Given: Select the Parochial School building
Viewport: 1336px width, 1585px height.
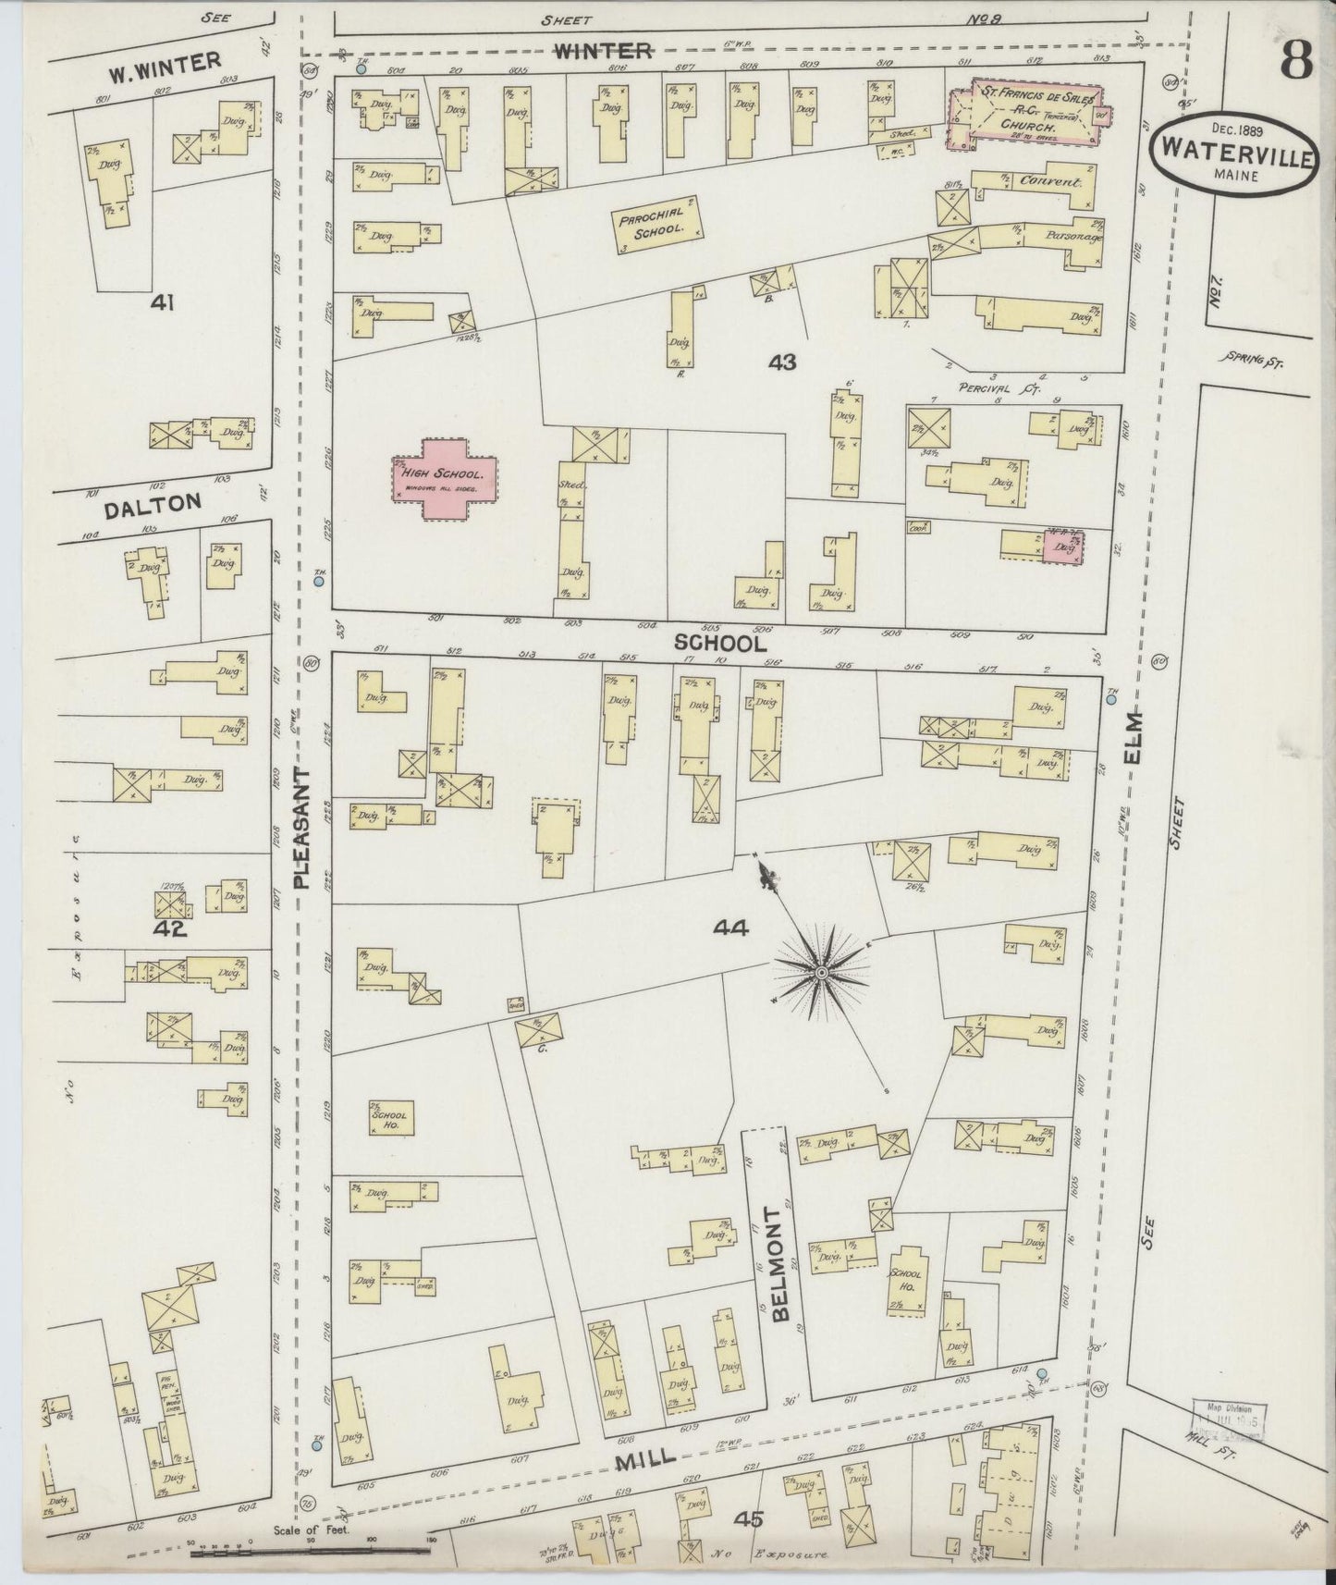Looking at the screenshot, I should tap(657, 227).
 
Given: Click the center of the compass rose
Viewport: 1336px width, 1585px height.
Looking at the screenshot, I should tap(821, 973).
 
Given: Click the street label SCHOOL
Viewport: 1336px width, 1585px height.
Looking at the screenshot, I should tap(719, 642).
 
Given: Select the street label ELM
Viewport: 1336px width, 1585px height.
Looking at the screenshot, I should tap(1132, 736).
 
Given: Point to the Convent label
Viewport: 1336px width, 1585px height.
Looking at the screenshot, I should tap(1048, 181).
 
